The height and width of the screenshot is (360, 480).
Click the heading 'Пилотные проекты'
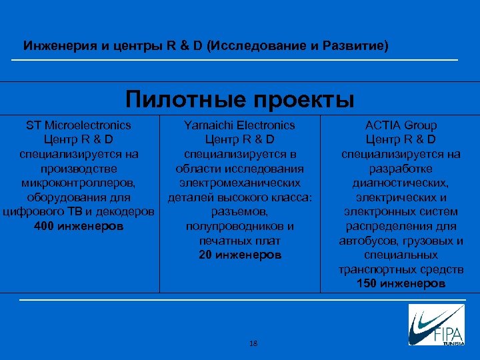click(240, 99)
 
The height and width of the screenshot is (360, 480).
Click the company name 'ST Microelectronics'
click(78, 125)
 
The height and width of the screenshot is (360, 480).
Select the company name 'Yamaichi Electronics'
click(239, 125)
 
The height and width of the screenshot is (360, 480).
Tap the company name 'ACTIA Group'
click(401, 125)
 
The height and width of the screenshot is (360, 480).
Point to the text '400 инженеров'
click(78, 226)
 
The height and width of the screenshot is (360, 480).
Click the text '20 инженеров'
click(239, 255)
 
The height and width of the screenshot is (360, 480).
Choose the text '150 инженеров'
click(401, 283)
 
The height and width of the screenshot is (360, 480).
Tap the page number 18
click(253, 343)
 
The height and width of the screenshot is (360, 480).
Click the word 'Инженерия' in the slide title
click(54, 47)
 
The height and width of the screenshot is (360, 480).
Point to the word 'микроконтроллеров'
click(78, 183)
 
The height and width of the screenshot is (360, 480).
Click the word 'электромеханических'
click(239, 183)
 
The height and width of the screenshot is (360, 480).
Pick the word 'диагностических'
click(401, 183)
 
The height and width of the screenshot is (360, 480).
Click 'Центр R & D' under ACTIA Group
click(401, 139)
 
